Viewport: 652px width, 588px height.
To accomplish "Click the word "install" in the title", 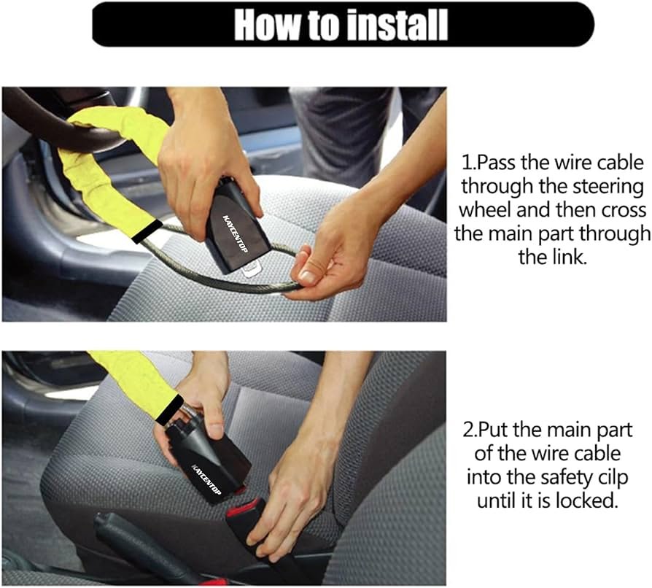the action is pyautogui.click(x=397, y=25).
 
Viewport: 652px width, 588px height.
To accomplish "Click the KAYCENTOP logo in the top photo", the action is pyautogui.click(x=236, y=233).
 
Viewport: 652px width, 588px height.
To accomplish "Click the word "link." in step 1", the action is pyautogui.click(x=552, y=257).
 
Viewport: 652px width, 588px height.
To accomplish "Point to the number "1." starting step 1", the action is pyautogui.click(x=468, y=163).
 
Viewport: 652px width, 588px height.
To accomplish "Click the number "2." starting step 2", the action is pyautogui.click(x=470, y=430).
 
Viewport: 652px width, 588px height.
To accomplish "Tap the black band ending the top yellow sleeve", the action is pyautogui.click(x=146, y=231).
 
